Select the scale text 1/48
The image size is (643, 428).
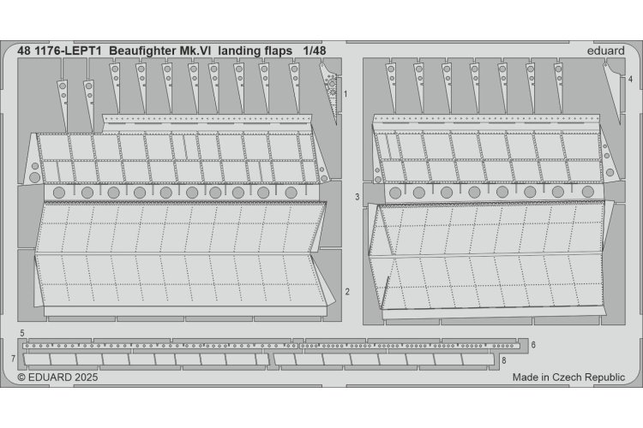point(315,50)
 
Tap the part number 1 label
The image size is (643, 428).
point(345,92)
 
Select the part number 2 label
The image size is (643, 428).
point(347,292)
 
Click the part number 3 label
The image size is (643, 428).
point(357,196)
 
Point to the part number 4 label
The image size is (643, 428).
point(630,79)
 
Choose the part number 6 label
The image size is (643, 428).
point(532,344)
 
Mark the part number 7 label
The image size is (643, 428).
point(14,356)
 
